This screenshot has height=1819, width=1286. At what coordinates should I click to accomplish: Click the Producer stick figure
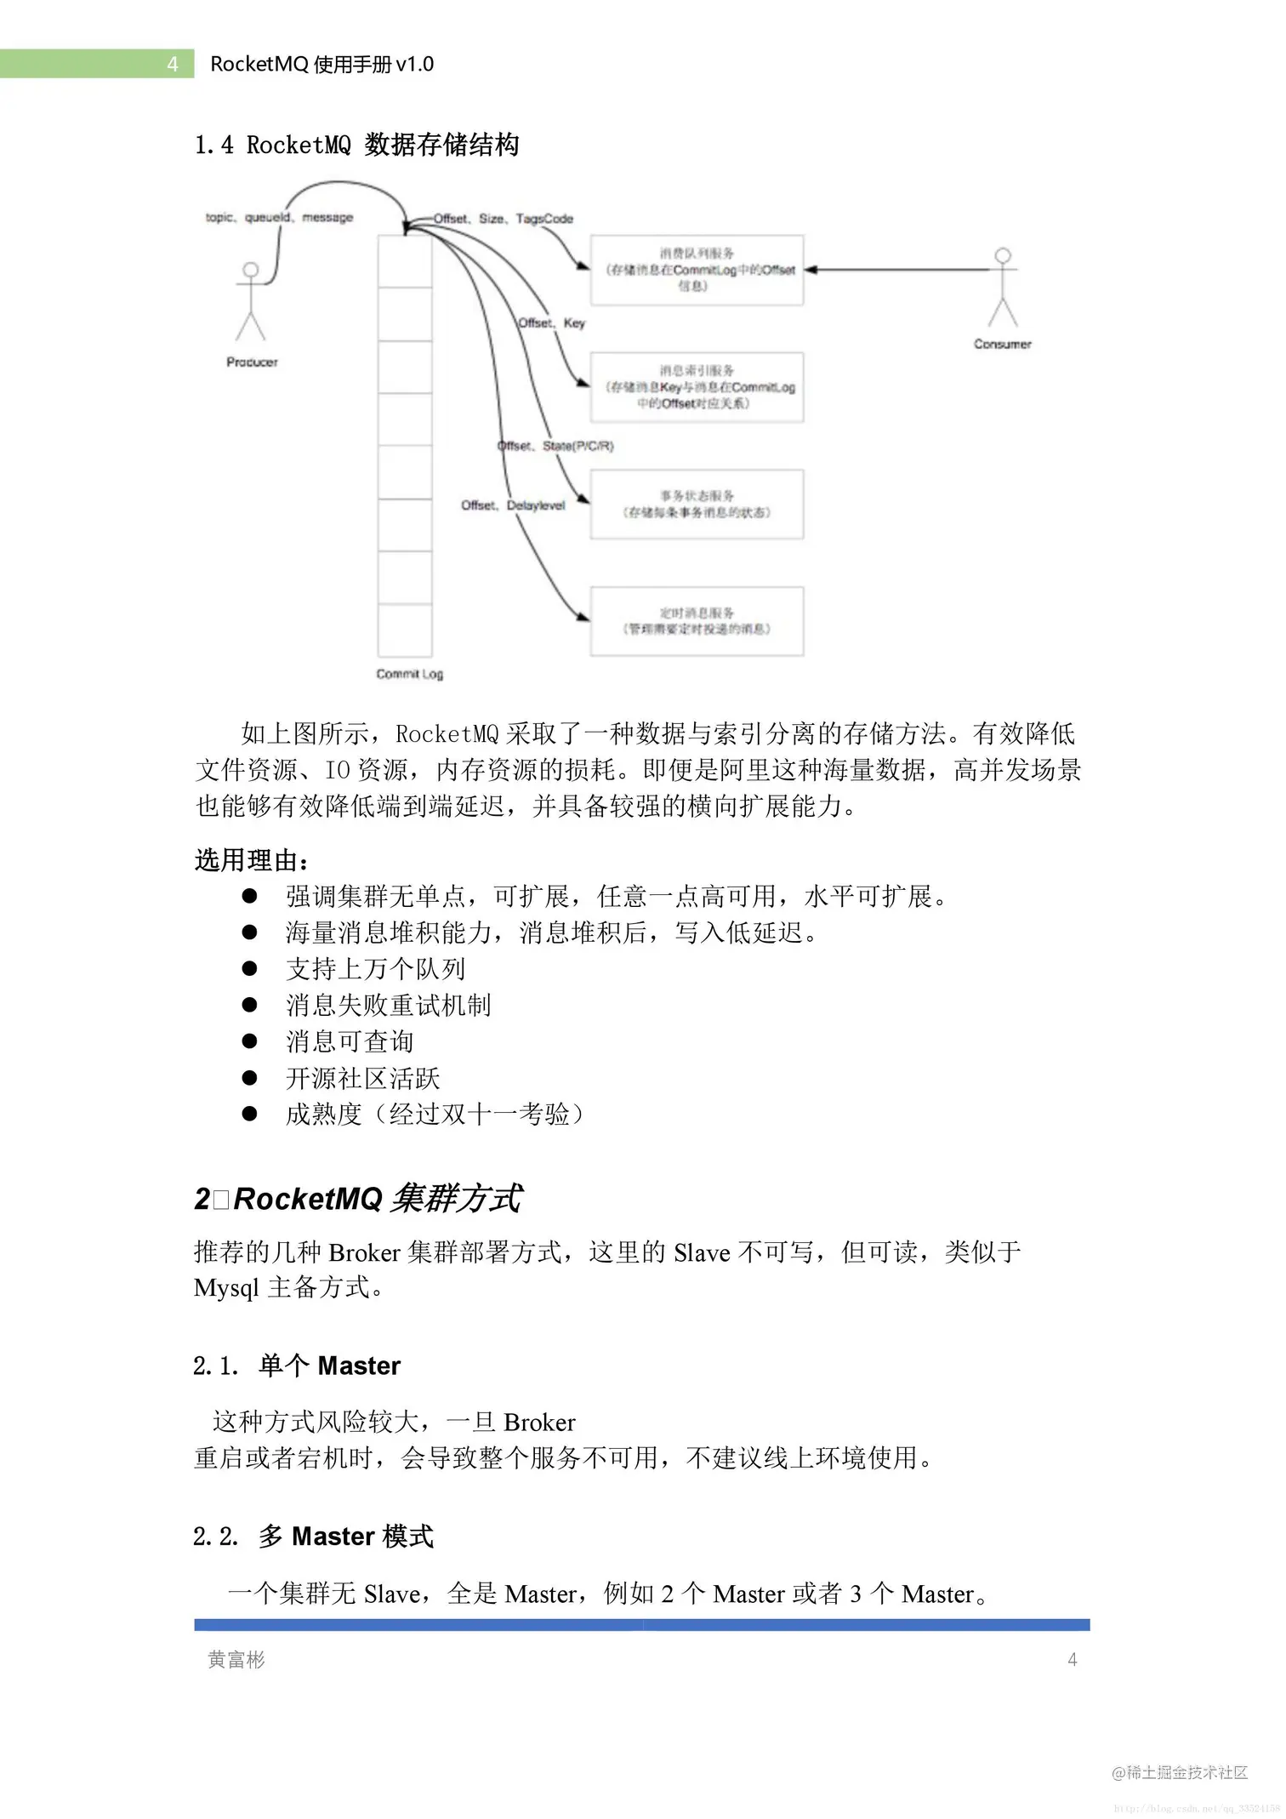pyautogui.click(x=250, y=303)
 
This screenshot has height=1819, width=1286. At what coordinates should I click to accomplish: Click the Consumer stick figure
pyautogui.click(x=1003, y=289)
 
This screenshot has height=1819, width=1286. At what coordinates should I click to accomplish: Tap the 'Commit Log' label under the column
pyautogui.click(x=409, y=674)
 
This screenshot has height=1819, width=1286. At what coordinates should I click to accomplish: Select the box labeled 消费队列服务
pyautogui.click(x=697, y=270)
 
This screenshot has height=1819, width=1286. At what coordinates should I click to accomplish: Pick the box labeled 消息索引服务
pyautogui.click(x=697, y=387)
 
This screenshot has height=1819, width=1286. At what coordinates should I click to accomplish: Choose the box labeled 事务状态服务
pyautogui.click(x=697, y=504)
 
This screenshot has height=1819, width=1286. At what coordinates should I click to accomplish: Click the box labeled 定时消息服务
pyautogui.click(x=697, y=621)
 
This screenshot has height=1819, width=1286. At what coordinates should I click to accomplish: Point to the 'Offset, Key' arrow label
pyautogui.click(x=552, y=323)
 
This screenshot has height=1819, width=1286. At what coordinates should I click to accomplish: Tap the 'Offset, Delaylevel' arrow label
pyautogui.click(x=513, y=505)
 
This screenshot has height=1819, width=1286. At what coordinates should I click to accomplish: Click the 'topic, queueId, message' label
pyautogui.click(x=279, y=218)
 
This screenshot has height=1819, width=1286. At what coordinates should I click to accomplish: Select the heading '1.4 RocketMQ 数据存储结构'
pyautogui.click(x=356, y=145)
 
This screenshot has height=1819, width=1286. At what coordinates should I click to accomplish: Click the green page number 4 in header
pyautogui.click(x=173, y=65)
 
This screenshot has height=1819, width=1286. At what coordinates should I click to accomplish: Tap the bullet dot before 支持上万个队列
pyautogui.click(x=249, y=968)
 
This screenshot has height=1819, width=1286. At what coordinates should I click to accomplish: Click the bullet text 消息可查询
pyautogui.click(x=350, y=1041)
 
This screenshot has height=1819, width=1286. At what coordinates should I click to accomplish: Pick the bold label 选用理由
pyautogui.click(x=251, y=860)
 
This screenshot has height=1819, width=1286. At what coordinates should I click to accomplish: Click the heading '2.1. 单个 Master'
pyautogui.click(x=296, y=1366)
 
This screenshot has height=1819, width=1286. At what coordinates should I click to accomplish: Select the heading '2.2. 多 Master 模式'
pyautogui.click(x=313, y=1537)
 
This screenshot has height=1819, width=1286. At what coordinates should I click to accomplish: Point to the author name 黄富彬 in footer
pyautogui.click(x=236, y=1659)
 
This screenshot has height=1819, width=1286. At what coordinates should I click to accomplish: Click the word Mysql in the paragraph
pyautogui.click(x=225, y=1288)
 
